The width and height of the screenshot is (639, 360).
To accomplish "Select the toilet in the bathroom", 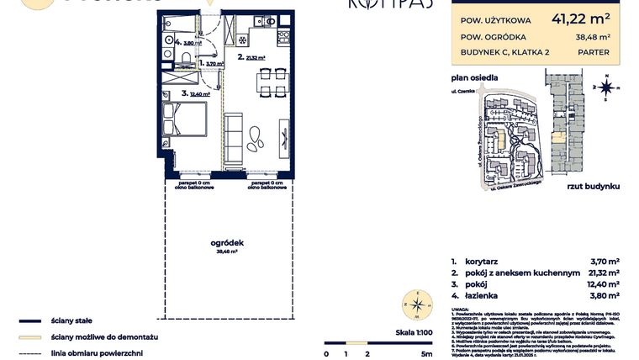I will (184, 58).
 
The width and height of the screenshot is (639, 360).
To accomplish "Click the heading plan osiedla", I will (473, 77).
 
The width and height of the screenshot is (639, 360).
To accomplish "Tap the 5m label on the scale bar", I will (427, 353).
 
